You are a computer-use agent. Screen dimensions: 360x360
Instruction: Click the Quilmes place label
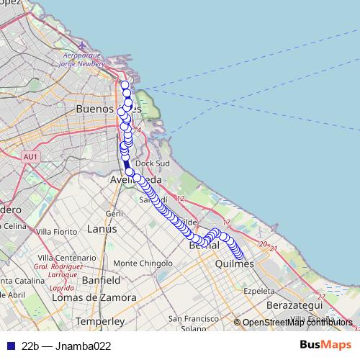(235, 264)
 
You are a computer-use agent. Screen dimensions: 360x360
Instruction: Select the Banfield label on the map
(101, 279)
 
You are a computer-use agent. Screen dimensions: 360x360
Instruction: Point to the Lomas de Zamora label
(94, 297)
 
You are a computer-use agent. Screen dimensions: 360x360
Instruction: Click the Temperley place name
(100, 320)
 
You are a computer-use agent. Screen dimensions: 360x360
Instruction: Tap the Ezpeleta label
(259, 291)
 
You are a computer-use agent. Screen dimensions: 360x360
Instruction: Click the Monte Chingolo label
(138, 264)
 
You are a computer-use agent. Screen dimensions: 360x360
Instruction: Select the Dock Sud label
(152, 163)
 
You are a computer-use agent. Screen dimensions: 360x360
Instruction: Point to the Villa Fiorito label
(56, 231)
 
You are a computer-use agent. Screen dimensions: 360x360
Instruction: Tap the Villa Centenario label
(62, 258)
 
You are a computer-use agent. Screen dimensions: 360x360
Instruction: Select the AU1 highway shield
(30, 156)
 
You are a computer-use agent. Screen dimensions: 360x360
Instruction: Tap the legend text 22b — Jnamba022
(66, 346)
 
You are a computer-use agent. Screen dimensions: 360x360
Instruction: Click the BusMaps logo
(325, 345)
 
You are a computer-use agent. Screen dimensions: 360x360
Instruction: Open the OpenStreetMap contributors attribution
(297, 323)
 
